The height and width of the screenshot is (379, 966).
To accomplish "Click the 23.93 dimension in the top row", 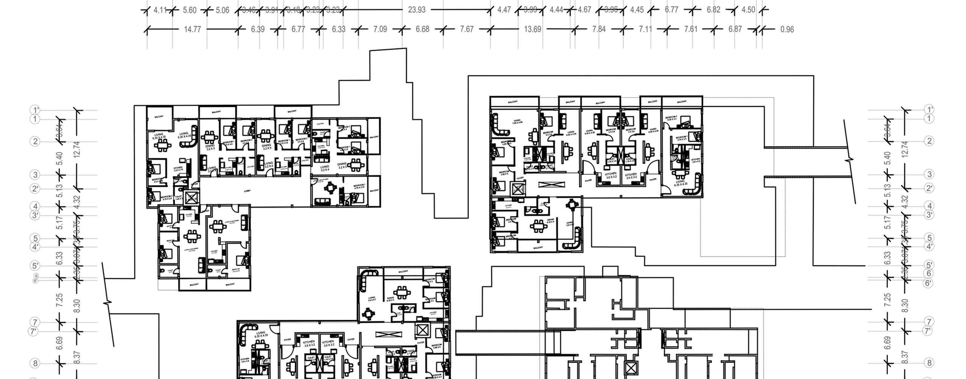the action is click(416, 10).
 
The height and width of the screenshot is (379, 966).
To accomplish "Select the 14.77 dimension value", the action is click(192, 29).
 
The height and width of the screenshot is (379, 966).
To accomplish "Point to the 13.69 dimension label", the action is click(532, 29).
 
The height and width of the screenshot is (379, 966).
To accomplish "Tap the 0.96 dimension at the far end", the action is click(787, 29).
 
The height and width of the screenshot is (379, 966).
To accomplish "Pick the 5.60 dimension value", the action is click(189, 10).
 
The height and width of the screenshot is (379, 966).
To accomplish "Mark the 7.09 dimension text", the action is click(380, 29).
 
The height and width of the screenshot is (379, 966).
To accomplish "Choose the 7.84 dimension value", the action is click(599, 29).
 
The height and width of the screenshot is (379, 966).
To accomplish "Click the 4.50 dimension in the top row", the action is click(748, 10).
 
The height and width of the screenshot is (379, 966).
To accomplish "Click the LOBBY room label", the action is click(247, 191).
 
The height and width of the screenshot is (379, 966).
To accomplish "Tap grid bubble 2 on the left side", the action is click(35, 142).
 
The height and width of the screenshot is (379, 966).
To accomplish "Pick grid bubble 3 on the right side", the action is click(929, 174).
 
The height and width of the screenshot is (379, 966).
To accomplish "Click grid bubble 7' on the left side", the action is click(34, 332).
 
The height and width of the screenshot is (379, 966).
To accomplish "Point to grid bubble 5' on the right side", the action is click(929, 265).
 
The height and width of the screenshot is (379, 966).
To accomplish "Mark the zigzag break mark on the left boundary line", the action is click(108, 303).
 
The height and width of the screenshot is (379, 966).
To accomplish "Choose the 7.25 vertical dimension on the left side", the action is click(59, 300).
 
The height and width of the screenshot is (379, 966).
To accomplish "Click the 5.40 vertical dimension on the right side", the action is click(887, 158).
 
